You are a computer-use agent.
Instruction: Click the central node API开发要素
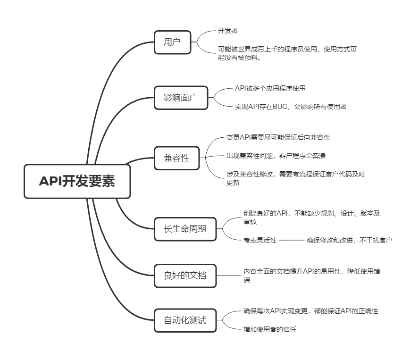pos(77,181)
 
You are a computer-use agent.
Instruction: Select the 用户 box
pos(172,42)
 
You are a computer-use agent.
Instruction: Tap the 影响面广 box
pos(181,98)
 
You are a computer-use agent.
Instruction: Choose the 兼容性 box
pos(176,158)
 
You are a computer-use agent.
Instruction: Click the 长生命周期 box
pos(185,229)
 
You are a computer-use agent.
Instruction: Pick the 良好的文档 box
pos(185,276)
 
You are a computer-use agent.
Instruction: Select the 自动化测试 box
pos(185,321)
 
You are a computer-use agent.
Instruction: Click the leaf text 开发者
pos(227,31)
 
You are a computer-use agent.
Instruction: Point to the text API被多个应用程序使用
pos(270,88)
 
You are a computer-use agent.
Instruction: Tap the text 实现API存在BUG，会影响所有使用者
pos(290,107)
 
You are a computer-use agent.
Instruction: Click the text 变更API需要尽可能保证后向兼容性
pos(278,137)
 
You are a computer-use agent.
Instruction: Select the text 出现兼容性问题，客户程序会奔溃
pos(276,156)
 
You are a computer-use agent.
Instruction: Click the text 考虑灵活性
pos(260,240)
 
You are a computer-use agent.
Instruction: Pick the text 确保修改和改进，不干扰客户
pos(349,240)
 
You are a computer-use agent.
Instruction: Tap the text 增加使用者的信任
pos(270,329)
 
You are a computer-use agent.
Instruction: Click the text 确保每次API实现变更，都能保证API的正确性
pos(310,311)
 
